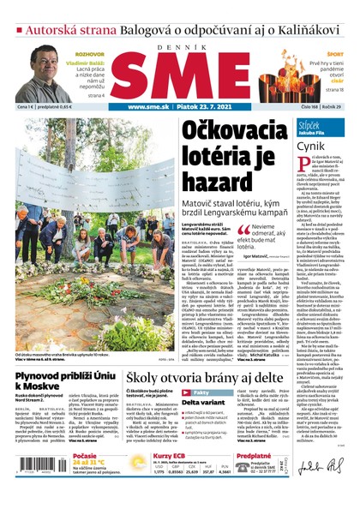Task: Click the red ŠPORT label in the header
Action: pyautogui.click(x=336, y=53)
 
